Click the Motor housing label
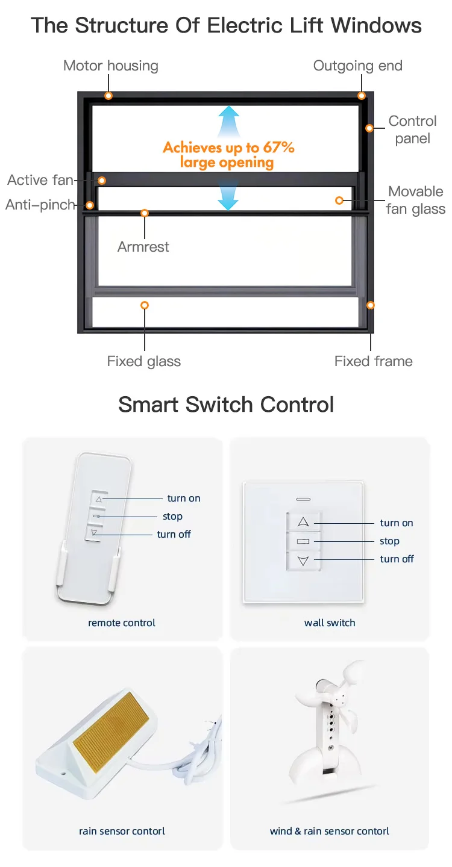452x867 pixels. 110,66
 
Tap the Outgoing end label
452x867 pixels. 357,66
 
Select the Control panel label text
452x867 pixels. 412,129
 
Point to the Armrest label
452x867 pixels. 143,246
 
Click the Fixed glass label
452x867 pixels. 143,361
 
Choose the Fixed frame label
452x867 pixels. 373,361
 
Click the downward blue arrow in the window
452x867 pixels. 228,197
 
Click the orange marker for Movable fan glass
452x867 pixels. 339,200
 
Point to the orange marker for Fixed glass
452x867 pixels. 144,305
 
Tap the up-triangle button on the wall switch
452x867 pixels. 303,521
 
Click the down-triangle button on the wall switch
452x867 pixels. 303,561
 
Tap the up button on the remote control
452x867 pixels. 99,499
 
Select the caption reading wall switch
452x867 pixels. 330,623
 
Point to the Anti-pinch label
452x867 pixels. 40,205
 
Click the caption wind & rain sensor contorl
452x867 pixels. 329,831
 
